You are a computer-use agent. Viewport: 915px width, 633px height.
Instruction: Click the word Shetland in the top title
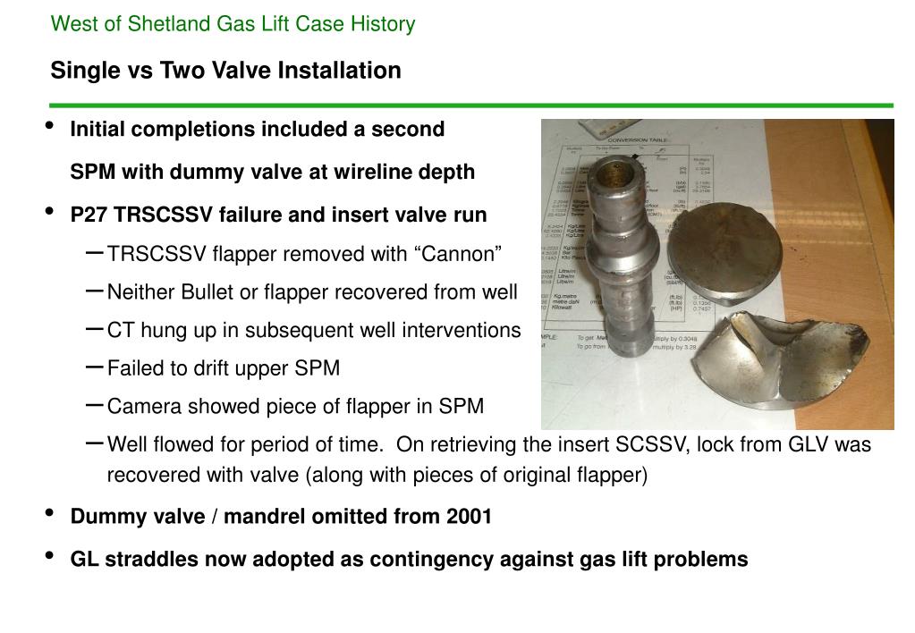click(x=171, y=24)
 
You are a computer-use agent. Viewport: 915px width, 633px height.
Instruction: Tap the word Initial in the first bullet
click(x=100, y=130)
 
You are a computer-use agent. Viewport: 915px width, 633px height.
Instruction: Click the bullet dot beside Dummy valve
click(x=49, y=514)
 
